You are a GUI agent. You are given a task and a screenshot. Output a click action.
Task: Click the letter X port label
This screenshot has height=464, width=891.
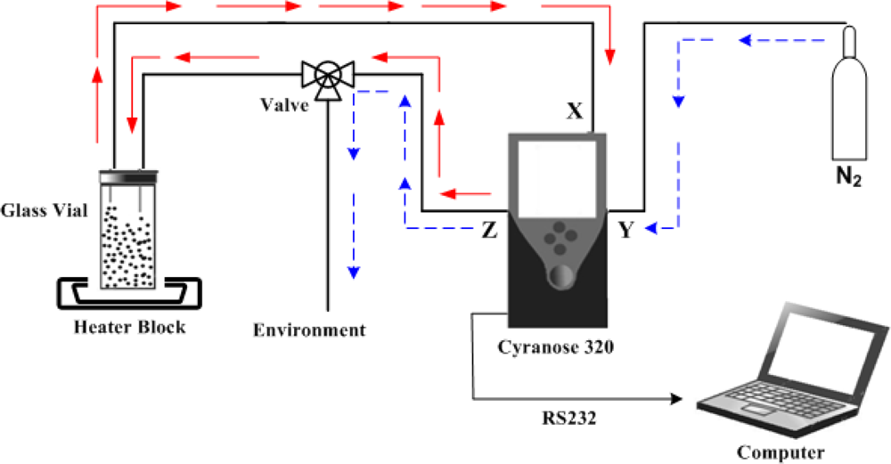pyautogui.click(x=575, y=111)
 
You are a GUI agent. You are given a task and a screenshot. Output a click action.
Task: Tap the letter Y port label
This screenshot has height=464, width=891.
pyautogui.click(x=626, y=231)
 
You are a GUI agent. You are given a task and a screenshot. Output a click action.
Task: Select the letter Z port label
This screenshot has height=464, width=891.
pyautogui.click(x=488, y=231)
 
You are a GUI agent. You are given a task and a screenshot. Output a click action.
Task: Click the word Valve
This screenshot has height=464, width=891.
pyautogui.click(x=284, y=105)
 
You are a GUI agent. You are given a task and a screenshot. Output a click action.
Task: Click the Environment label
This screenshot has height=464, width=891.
pyautogui.click(x=309, y=330)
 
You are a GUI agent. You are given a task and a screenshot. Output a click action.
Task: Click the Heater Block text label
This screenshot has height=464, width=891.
pyautogui.click(x=130, y=327)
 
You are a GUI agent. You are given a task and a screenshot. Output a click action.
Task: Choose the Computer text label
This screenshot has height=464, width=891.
pyautogui.click(x=781, y=452)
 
